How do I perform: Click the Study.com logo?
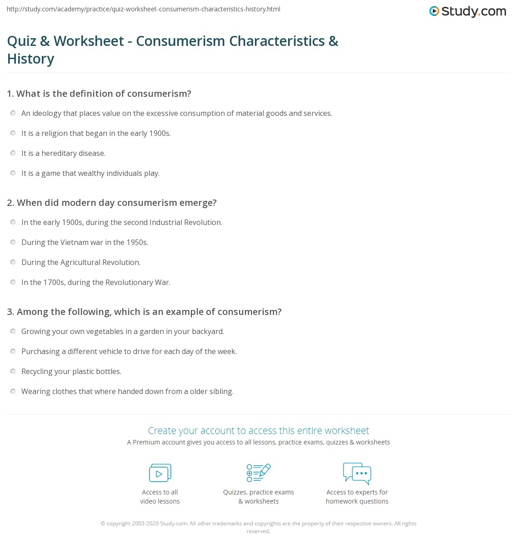(x=468, y=11)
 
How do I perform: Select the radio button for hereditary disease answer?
(x=13, y=153)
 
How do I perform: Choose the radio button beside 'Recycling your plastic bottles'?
(x=13, y=371)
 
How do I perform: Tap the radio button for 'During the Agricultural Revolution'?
(x=13, y=262)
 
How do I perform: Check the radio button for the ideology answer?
(x=13, y=113)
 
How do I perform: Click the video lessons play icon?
(x=160, y=473)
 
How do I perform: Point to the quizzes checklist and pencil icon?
(x=259, y=473)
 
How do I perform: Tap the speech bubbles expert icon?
(x=357, y=473)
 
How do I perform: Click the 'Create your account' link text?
(x=258, y=430)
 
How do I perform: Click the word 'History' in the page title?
(x=31, y=59)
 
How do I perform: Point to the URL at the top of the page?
(x=144, y=9)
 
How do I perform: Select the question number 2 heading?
(x=112, y=203)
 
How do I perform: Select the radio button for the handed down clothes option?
(x=13, y=391)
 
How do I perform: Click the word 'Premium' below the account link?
(x=146, y=442)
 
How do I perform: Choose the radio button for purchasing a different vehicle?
(x=13, y=351)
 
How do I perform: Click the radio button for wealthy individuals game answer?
(x=13, y=173)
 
